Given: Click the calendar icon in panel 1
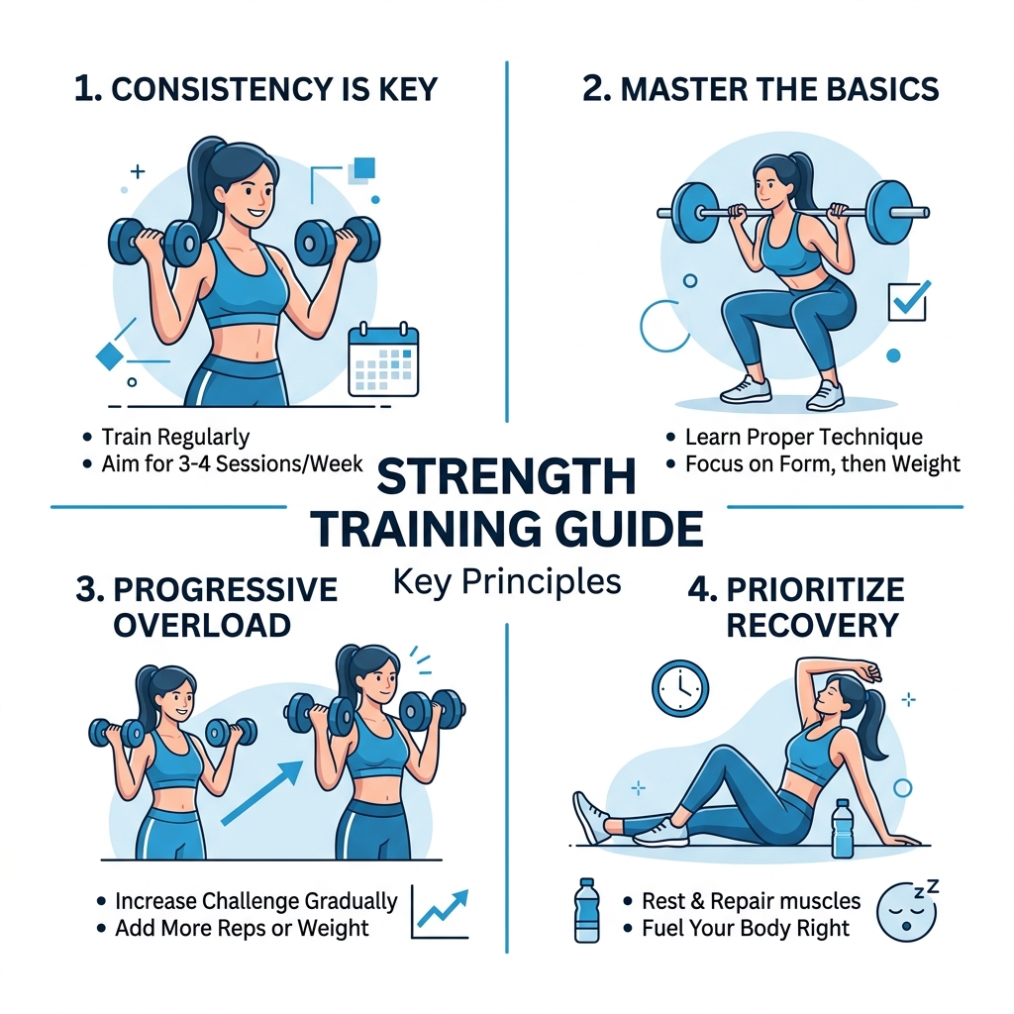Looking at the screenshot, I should pyautogui.click(x=384, y=363).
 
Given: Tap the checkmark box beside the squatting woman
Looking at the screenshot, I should pyautogui.click(x=907, y=300).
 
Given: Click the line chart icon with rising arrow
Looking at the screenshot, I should pyautogui.click(x=439, y=912).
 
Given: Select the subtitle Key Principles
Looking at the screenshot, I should pyautogui.click(x=506, y=581).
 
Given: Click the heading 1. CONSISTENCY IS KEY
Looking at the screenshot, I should pyautogui.click(x=255, y=89).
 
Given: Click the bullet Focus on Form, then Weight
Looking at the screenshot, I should pyautogui.click(x=822, y=462).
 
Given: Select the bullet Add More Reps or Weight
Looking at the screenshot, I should pyautogui.click(x=242, y=928).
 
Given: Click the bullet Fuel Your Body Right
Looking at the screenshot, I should pyautogui.click(x=745, y=928).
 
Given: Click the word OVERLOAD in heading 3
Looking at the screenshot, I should pyautogui.click(x=202, y=625).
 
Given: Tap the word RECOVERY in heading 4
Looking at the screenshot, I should pyautogui.click(x=811, y=625).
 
